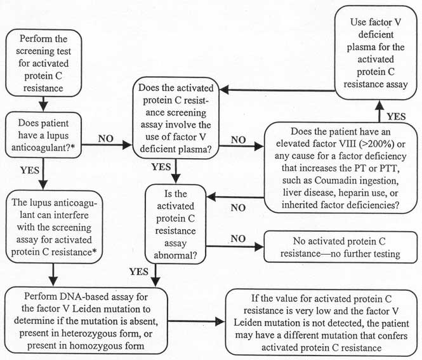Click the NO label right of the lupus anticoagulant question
click(x=106, y=137)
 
